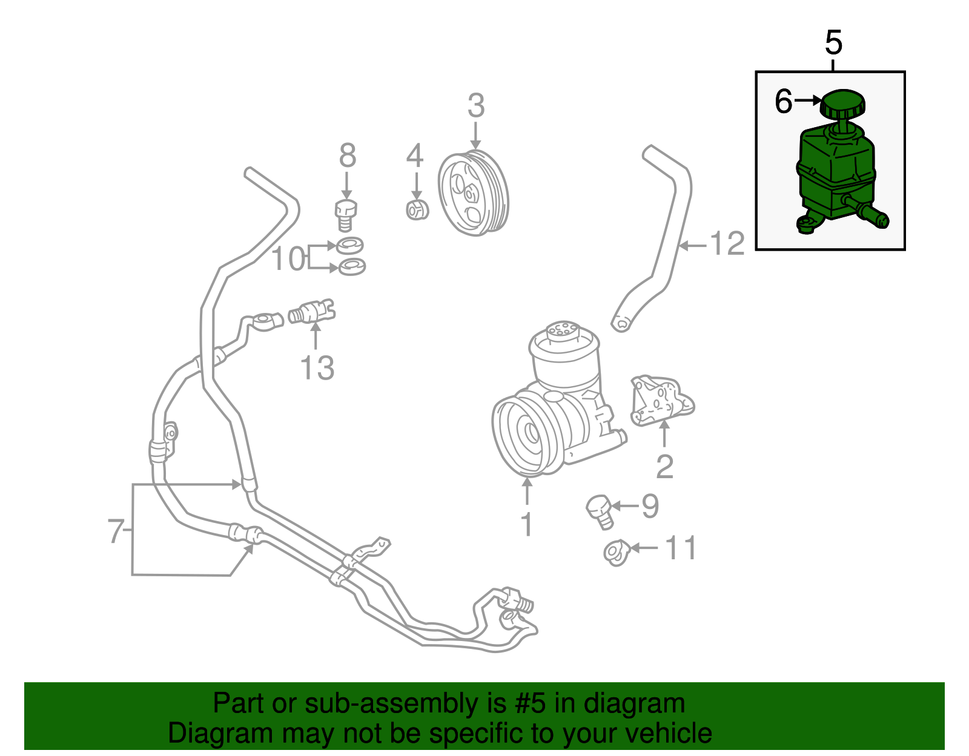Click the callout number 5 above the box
(833, 43)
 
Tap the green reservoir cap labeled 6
(842, 105)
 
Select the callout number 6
(783, 101)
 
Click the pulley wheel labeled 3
(473, 192)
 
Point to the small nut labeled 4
(417, 209)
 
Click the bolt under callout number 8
(346, 214)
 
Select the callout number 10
(288, 259)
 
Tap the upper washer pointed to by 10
(349, 245)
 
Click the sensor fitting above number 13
(312, 312)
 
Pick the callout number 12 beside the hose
(727, 245)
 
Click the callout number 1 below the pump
(527, 524)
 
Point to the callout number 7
(116, 531)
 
